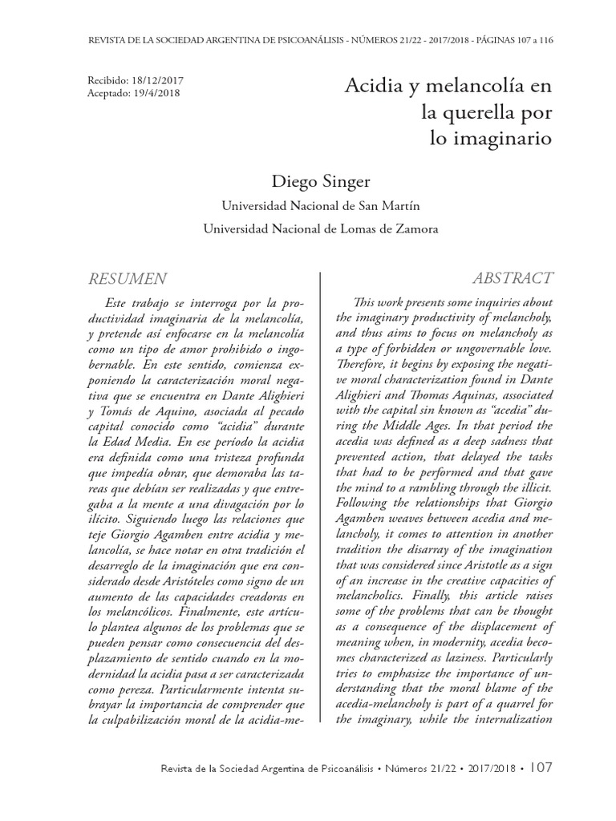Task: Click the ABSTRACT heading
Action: [513, 278]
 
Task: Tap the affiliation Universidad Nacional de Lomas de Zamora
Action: [321, 229]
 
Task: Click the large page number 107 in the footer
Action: [539, 767]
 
